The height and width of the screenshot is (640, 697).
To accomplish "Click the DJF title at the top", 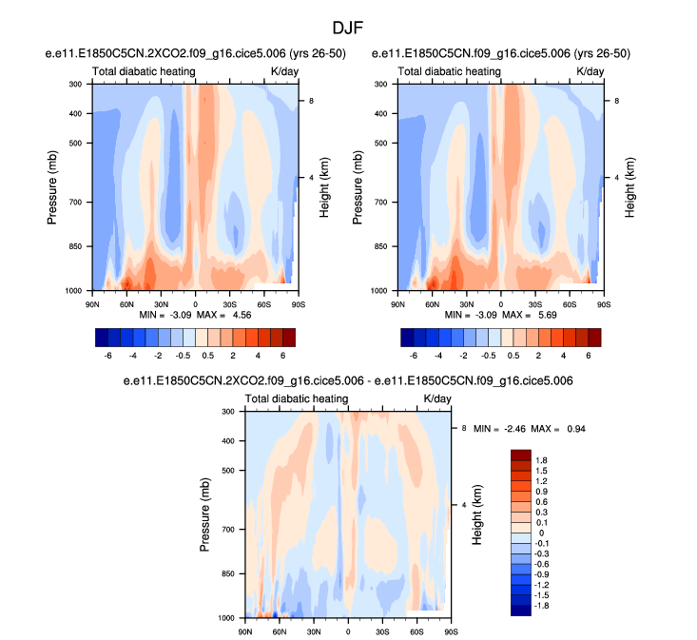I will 349,29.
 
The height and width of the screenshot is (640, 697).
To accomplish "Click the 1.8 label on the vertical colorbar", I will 542,459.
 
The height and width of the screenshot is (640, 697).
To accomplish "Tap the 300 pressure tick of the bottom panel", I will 227,412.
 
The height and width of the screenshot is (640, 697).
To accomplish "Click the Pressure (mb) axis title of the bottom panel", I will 205,514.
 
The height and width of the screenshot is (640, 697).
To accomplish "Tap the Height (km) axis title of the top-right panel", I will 629,186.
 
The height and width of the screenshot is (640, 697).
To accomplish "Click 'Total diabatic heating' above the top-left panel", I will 144,71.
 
